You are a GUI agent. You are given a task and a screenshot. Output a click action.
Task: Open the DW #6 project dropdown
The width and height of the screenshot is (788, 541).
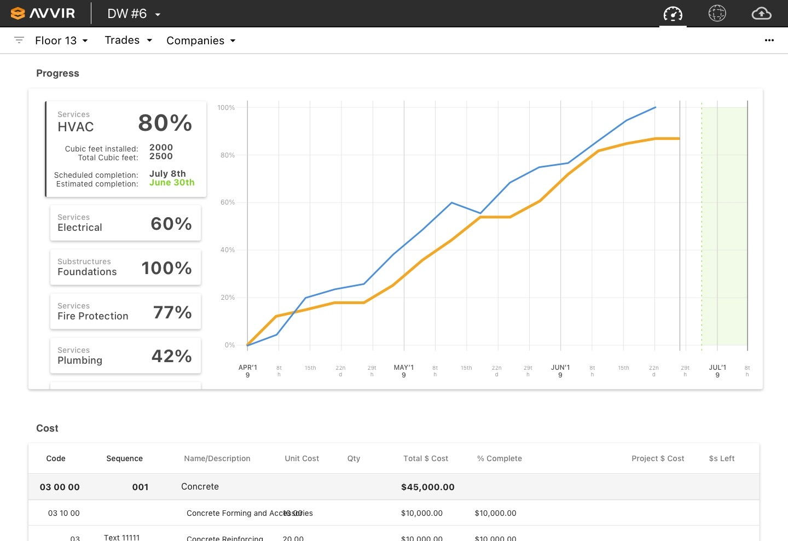(x=134, y=14)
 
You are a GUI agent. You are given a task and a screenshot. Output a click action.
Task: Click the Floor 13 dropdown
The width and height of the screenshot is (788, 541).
(x=61, y=40)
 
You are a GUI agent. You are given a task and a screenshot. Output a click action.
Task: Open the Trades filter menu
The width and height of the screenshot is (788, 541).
(x=128, y=40)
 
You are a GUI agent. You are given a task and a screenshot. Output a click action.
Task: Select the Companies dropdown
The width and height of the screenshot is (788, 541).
(x=201, y=40)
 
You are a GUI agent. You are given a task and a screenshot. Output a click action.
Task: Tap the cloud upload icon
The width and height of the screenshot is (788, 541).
(x=761, y=14)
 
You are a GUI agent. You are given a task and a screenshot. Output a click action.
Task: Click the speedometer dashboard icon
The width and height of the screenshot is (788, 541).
(x=673, y=14)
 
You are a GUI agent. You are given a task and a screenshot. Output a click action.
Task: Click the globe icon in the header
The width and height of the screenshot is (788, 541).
(x=717, y=14)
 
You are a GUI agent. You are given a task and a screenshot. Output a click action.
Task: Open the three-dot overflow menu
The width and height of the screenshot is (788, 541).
(x=769, y=40)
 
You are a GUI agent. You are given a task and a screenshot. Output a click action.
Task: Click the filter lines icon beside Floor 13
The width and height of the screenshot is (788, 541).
(x=19, y=40)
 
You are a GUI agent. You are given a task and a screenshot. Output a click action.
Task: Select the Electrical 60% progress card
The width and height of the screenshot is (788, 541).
(x=125, y=223)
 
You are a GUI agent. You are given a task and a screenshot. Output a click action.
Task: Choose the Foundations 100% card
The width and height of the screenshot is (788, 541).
(x=125, y=267)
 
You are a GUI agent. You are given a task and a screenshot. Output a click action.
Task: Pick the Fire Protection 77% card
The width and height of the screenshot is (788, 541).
(x=125, y=312)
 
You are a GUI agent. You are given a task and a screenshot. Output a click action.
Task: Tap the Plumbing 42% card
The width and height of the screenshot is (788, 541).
(x=125, y=356)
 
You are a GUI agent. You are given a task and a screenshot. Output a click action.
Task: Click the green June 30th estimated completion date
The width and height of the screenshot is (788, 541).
(x=172, y=183)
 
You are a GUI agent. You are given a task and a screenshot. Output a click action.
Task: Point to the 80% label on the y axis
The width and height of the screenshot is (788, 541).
(x=227, y=155)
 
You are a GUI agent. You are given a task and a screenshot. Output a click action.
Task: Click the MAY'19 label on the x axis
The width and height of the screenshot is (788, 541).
(x=404, y=371)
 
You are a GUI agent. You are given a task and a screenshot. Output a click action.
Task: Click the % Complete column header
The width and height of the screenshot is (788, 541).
(x=499, y=458)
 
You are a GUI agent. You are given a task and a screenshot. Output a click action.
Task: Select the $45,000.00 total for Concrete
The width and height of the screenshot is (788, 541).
(x=427, y=487)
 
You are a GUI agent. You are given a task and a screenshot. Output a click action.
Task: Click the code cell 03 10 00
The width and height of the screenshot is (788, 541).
(x=63, y=513)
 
